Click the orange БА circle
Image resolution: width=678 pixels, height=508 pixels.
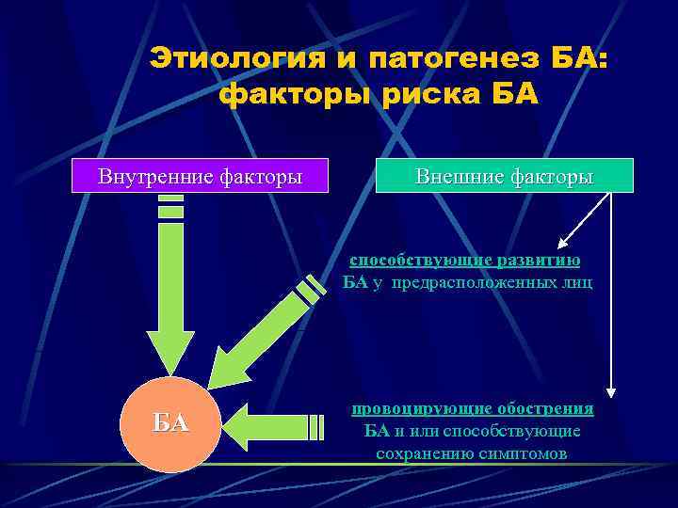pyautogui.click(x=171, y=422)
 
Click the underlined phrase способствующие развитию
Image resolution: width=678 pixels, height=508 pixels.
pyautogui.click(x=465, y=261)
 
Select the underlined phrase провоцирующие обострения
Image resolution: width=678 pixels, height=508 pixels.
pyautogui.click(x=473, y=408)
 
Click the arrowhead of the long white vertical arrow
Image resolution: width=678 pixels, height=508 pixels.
pyautogui.click(x=611, y=389)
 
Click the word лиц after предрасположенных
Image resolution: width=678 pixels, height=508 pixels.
pyautogui.click(x=577, y=283)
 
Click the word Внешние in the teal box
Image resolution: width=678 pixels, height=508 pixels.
pyautogui.click(x=454, y=176)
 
